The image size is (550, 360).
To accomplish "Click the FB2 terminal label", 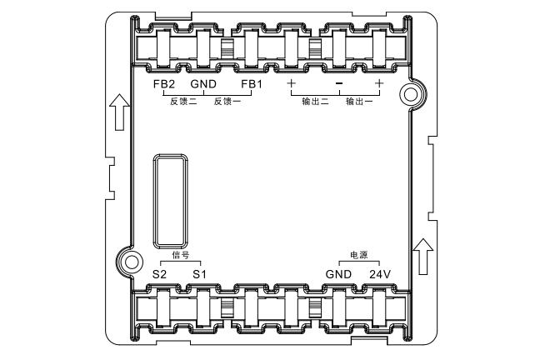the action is tap(164, 84).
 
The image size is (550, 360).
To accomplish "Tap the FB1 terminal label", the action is tap(252, 84).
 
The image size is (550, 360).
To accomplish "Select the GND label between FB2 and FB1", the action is tap(203, 84).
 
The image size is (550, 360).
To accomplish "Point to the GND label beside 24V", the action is tap(338, 274).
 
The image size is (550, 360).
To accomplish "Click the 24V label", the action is tap(380, 274).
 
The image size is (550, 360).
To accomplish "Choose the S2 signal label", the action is tap(160, 274).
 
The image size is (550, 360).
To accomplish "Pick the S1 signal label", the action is tap(200, 274).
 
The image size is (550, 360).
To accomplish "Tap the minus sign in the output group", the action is tap(339, 83).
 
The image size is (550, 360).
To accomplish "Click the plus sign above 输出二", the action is tap(291, 83).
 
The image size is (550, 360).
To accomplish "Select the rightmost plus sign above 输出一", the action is tap(379, 83).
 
